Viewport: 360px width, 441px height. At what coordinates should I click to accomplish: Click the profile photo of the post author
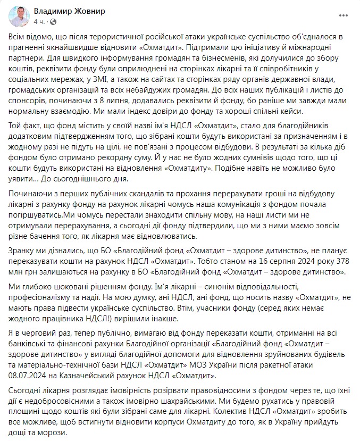19,16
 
